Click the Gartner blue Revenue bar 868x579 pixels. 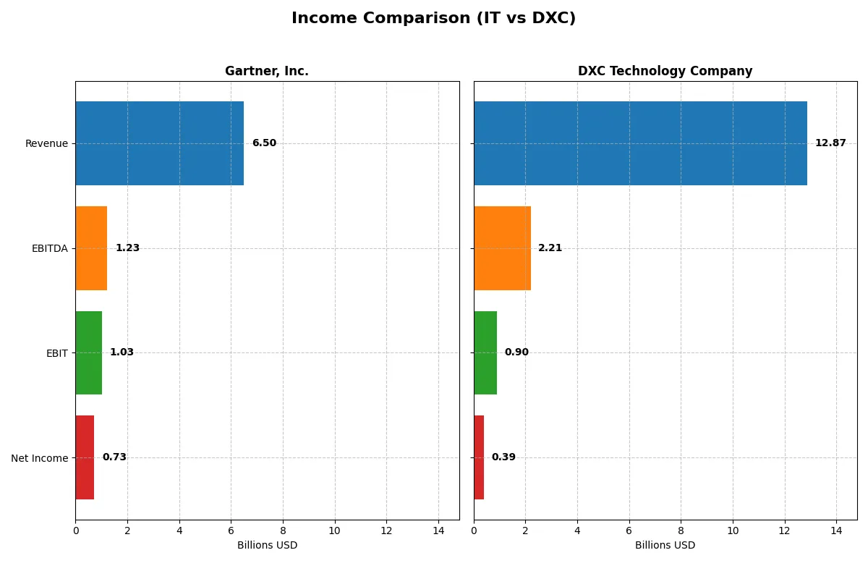159,143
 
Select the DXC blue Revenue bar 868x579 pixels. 640,143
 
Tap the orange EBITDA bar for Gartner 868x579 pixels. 91,248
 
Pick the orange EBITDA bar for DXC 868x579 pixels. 502,248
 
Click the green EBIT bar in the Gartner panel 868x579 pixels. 88,352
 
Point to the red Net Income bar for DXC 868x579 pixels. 479,457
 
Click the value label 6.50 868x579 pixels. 264,143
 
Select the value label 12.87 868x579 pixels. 830,143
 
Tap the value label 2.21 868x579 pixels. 550,248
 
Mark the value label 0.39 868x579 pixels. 503,457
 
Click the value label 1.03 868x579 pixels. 122,352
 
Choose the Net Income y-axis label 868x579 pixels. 39,458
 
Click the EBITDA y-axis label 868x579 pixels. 49,248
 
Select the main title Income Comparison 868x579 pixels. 433,18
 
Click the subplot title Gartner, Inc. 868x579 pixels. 267,71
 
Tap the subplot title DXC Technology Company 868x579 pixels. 665,71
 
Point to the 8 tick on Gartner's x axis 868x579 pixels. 283,531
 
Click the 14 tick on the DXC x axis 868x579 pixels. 836,531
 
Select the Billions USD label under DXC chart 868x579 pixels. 665,546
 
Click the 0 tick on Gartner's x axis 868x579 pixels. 76,531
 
